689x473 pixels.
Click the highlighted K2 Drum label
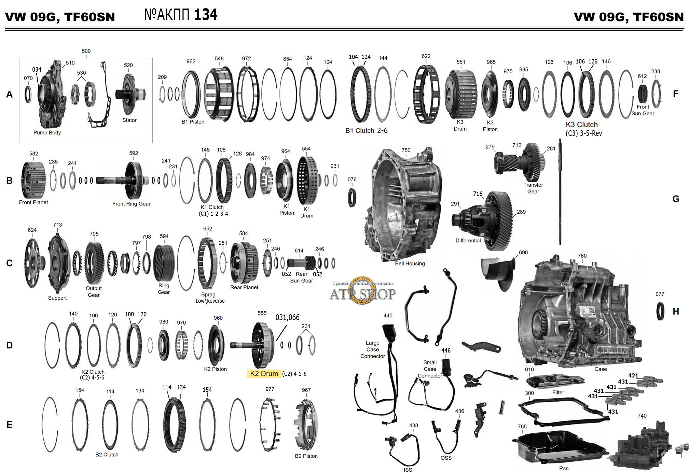[x=264, y=374]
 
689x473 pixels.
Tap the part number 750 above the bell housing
[x=406, y=150]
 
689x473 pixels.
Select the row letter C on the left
[x=10, y=263]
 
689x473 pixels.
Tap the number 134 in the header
[x=206, y=15]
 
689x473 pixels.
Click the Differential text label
[x=468, y=241]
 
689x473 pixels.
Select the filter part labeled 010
[x=555, y=381]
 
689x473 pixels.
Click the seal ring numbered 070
[x=28, y=94]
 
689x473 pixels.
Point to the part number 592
[x=134, y=153]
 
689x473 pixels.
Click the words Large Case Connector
[x=372, y=349]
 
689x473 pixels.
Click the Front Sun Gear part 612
[x=643, y=93]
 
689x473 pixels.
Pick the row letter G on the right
[x=676, y=199]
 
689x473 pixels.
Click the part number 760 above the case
[x=582, y=256]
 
